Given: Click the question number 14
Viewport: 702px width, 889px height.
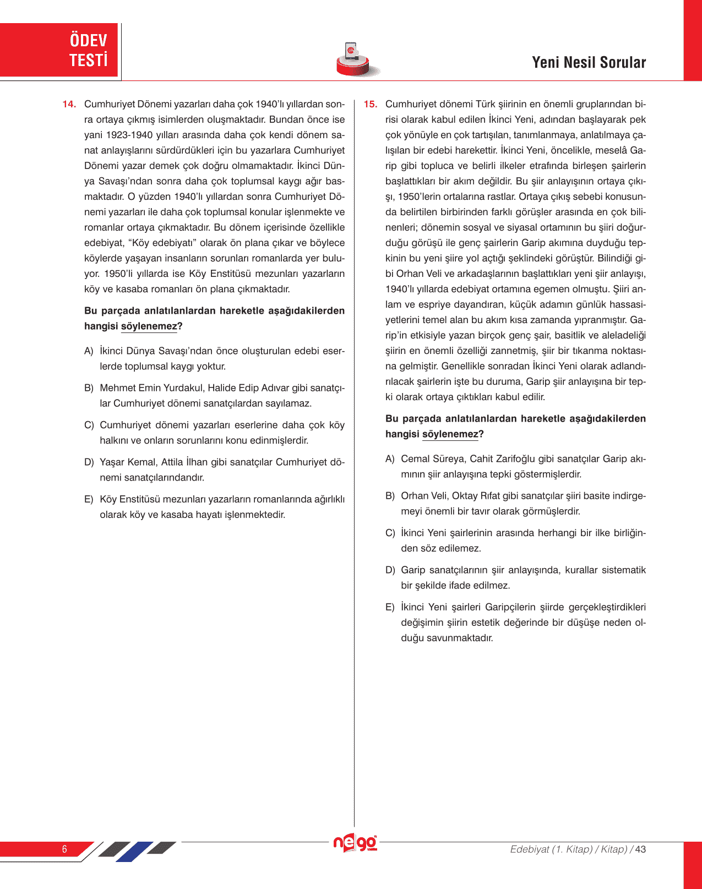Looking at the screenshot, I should point(69,105).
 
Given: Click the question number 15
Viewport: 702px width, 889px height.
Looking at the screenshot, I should point(370,105).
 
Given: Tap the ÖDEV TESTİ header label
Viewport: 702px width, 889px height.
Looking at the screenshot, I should point(88,50).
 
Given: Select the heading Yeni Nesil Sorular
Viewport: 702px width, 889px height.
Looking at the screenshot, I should point(589,63).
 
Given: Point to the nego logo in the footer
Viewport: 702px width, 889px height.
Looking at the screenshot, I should point(355,843).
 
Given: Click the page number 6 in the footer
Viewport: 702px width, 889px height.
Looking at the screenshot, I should point(64,849).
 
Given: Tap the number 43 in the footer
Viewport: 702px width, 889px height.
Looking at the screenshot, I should point(640,849).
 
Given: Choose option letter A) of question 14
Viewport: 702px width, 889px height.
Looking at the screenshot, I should point(89,351).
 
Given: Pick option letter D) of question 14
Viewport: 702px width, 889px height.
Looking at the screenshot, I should point(89,462).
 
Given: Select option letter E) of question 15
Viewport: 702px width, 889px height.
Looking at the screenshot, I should point(390,607).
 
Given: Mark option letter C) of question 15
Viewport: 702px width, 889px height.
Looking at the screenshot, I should point(390,533).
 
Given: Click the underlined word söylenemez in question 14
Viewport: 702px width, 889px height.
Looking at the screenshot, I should point(149,326).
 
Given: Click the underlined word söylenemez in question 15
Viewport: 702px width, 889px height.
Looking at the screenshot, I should point(450,434).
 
